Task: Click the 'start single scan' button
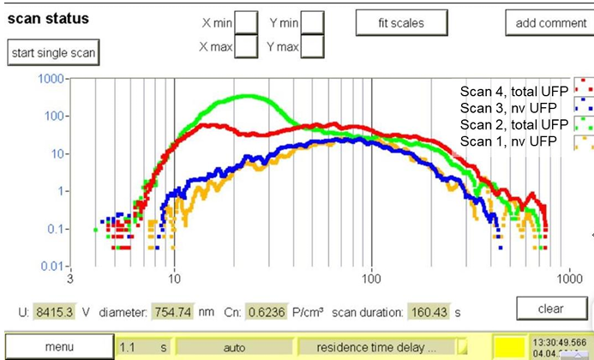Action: click(53, 52)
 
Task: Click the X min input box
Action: click(246, 22)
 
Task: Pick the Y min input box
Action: click(313, 22)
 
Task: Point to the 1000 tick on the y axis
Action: click(53, 79)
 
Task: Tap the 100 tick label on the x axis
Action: click(371, 279)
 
